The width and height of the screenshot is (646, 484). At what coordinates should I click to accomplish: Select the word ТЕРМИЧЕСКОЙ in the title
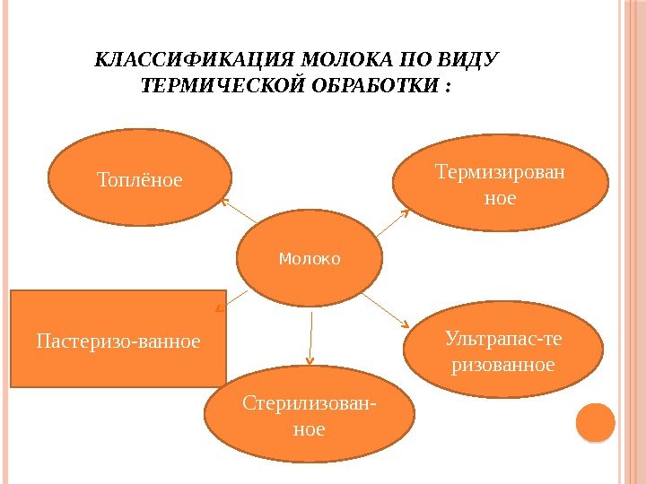[x=209, y=88]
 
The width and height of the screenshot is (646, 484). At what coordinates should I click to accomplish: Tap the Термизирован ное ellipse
[x=500, y=183]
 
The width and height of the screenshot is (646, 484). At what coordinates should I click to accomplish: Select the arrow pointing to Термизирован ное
[x=391, y=224]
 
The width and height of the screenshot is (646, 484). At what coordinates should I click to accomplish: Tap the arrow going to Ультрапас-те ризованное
[x=387, y=309]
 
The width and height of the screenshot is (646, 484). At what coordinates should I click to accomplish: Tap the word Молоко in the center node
[x=310, y=259]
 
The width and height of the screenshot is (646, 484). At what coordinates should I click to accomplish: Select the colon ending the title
[x=448, y=88]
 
